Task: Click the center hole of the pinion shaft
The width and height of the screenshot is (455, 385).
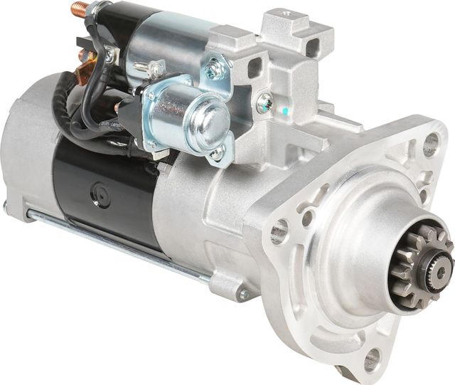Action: tap(441, 271)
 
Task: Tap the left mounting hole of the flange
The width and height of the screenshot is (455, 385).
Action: tap(279, 231)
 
